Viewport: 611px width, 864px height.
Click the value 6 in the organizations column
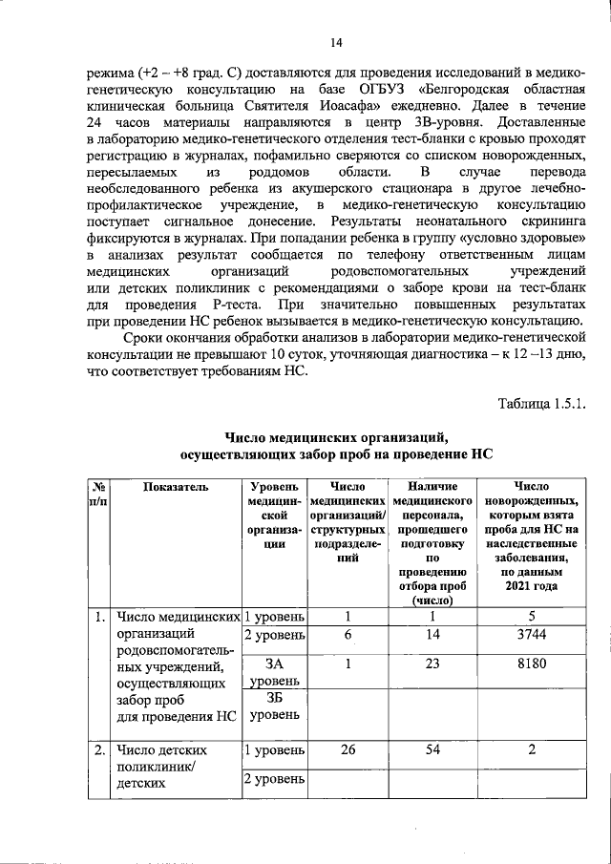pyautogui.click(x=348, y=635)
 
